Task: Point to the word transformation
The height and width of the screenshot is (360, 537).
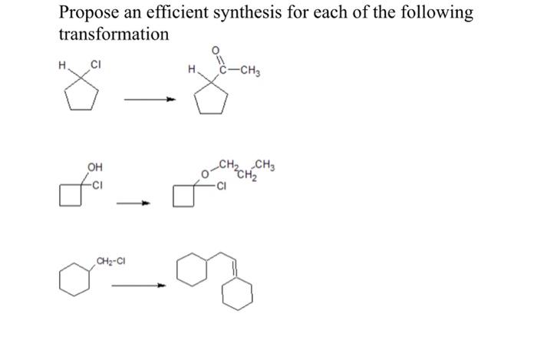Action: point(114,35)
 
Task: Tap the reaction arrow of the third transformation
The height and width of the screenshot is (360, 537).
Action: point(138,286)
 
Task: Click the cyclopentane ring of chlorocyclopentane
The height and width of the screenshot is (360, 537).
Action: point(84,98)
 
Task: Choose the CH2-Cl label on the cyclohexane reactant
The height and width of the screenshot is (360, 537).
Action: point(110,263)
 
